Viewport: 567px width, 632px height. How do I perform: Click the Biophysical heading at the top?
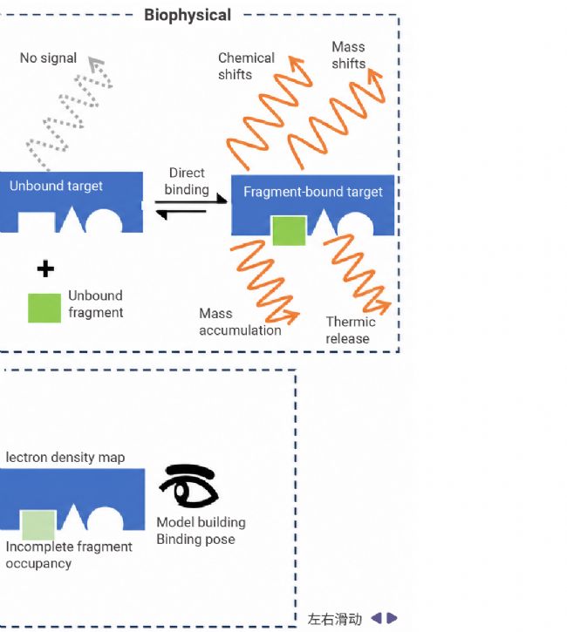click(188, 16)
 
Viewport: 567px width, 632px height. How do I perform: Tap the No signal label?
click(48, 58)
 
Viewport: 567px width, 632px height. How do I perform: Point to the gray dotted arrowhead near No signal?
click(96, 64)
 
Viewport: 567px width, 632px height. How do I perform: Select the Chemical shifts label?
click(246, 66)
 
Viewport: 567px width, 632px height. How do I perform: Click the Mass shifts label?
click(348, 55)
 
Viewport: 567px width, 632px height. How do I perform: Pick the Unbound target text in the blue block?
click(56, 186)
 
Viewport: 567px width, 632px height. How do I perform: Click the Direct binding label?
click(187, 181)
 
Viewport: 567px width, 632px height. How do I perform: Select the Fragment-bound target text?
click(313, 192)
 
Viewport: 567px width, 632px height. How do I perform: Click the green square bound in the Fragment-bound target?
click(289, 230)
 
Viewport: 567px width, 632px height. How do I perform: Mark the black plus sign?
click(45, 268)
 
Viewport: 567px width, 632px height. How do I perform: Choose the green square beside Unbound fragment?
click(44, 308)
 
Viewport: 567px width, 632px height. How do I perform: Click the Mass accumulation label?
click(240, 322)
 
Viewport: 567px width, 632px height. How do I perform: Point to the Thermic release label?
click(351, 330)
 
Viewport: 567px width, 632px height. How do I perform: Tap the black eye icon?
click(188, 486)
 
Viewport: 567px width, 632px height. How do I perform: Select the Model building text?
click(201, 522)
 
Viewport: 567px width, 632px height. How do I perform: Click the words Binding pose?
click(195, 540)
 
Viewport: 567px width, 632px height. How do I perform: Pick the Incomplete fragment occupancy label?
click(69, 554)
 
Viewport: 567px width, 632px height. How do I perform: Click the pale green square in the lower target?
click(38, 525)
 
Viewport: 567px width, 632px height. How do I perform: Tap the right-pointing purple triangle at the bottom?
click(392, 618)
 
